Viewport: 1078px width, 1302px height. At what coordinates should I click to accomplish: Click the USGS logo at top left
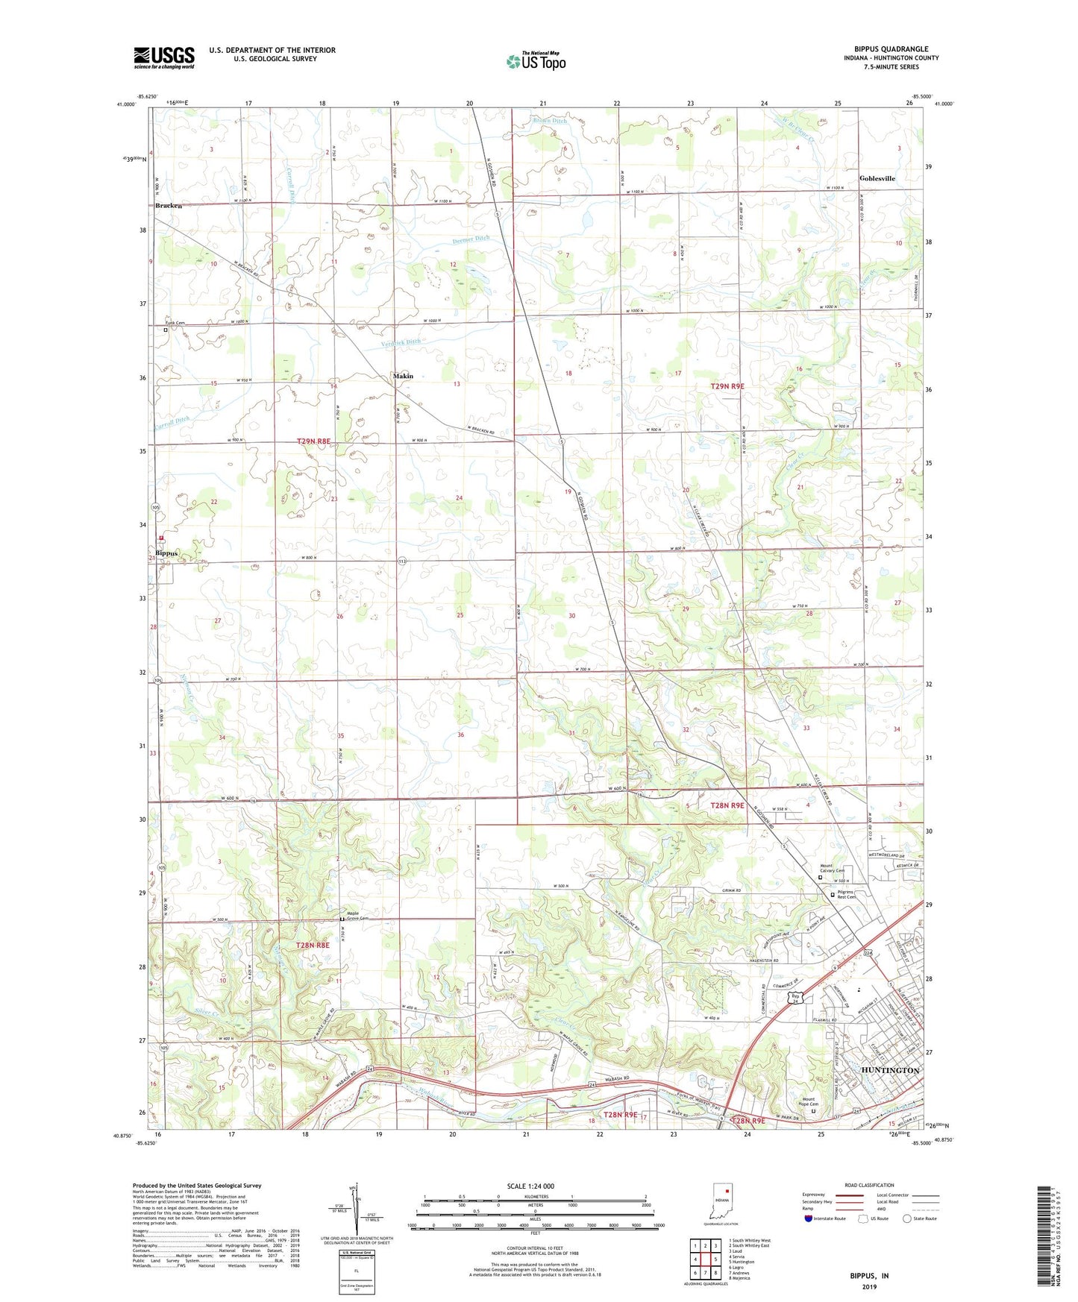163,57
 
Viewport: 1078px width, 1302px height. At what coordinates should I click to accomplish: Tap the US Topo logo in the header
536,61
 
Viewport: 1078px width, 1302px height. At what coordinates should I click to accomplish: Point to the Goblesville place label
877,178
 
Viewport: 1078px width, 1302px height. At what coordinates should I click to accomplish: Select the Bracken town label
169,206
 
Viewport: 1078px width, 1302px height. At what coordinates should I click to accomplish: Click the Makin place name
403,376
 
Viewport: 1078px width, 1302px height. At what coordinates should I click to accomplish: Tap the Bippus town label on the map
167,553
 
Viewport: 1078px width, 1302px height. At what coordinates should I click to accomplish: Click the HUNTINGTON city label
890,1070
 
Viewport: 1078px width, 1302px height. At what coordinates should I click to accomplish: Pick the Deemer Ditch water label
471,239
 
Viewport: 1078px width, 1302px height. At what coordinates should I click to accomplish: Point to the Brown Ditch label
550,121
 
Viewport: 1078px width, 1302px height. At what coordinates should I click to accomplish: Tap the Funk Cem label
175,323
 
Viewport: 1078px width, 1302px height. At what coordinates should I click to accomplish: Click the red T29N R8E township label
313,441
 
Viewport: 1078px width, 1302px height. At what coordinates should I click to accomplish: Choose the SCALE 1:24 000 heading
530,1186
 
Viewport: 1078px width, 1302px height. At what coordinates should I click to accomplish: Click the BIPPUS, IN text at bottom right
869,1276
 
